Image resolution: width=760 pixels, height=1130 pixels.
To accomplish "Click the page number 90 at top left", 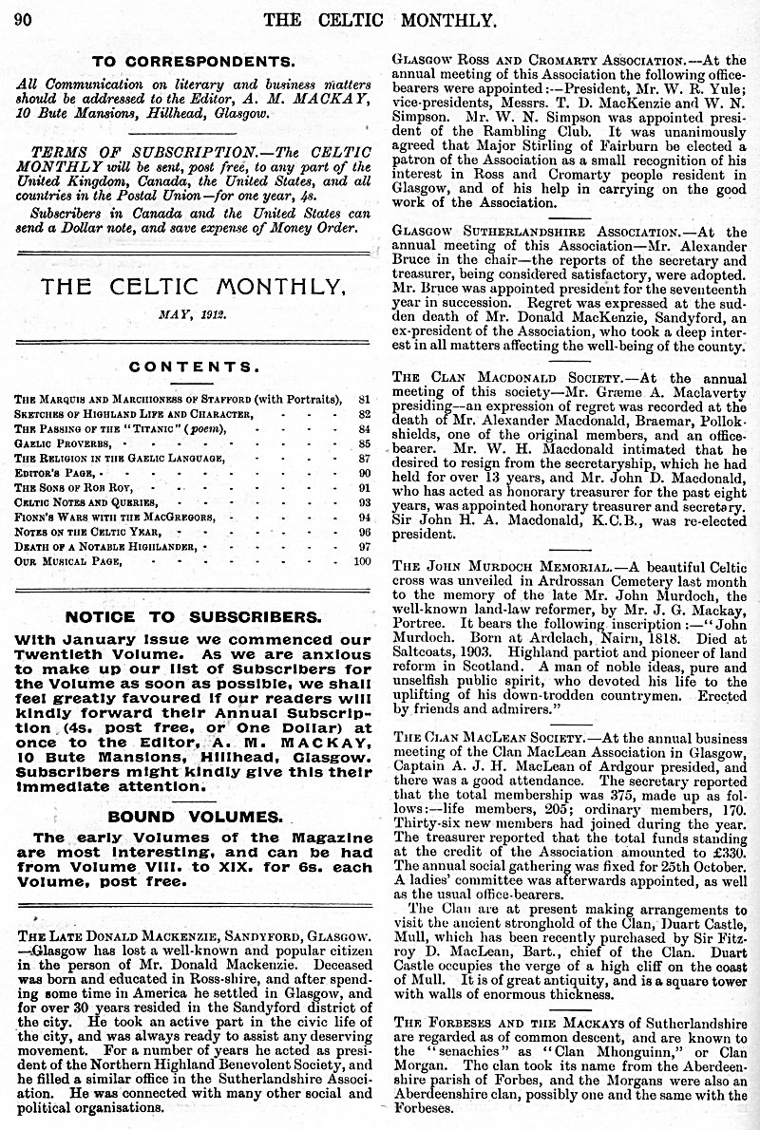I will [x=23, y=19].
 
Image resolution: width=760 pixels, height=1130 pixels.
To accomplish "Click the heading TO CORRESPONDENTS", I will [x=192, y=62].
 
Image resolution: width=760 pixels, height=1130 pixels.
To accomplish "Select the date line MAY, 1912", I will [x=193, y=312].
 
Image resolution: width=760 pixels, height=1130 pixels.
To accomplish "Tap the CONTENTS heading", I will [x=194, y=367].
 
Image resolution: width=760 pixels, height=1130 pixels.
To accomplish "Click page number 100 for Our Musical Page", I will [x=359, y=561].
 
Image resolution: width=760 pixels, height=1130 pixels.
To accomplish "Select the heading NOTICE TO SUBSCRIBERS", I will [x=192, y=617].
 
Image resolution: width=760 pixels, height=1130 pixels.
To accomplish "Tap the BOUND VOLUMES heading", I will [x=193, y=816].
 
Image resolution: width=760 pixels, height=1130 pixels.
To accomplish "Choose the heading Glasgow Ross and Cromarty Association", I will [x=539, y=59].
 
